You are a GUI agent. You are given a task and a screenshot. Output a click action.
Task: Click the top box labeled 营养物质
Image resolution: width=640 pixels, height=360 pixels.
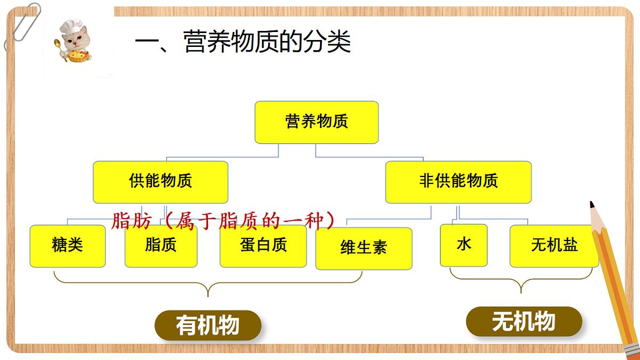coord(317,122)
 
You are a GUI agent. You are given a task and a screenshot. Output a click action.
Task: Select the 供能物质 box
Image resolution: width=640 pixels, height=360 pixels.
coord(161,182)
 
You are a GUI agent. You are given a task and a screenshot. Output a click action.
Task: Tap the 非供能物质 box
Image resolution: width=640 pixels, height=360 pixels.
coord(458,182)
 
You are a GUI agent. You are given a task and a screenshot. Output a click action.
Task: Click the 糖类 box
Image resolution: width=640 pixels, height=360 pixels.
coord(68,246)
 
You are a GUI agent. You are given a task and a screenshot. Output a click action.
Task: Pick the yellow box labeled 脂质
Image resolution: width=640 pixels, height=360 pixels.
coord(161,246)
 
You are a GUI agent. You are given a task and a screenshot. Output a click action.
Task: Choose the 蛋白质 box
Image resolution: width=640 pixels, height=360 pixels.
coord(263,246)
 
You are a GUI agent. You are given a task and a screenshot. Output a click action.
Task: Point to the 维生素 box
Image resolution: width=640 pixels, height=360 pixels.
coord(364,249)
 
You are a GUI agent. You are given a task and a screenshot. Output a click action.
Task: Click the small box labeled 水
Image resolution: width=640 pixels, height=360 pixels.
coord(463,245)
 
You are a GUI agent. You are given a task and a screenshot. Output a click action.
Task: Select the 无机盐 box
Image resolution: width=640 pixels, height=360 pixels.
coord(554,246)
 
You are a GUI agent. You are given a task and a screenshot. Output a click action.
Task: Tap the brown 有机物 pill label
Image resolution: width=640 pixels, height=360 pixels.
coord(208,325)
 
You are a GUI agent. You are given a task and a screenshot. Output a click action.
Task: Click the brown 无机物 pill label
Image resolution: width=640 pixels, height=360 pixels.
coord(524,322)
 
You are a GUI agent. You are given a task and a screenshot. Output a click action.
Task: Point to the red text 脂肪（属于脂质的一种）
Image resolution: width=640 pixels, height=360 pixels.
coord(223,221)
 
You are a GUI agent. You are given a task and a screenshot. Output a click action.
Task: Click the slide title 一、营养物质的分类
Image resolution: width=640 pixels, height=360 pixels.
coord(243,42)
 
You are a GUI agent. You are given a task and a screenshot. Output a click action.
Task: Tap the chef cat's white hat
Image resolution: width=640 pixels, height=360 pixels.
coord(72,26)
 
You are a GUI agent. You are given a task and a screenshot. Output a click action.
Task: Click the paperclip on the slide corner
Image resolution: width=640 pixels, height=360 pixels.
coord(22,26)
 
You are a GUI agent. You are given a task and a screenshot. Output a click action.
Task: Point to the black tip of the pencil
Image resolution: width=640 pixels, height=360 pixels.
coord(591,204)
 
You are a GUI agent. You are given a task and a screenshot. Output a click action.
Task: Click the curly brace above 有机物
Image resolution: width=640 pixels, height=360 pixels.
coord(208,283)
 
